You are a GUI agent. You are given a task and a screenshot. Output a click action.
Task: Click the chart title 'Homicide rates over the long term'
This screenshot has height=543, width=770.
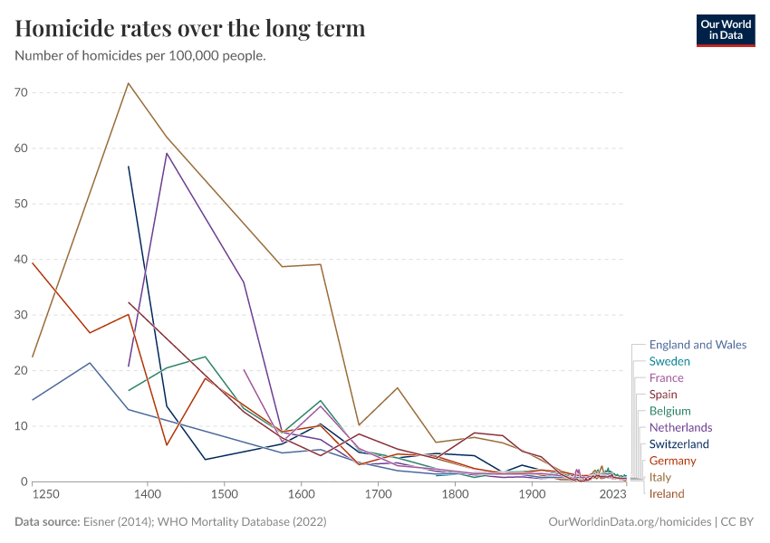[190, 29]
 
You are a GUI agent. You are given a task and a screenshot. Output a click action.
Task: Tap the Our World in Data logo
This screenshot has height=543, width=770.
[725, 29]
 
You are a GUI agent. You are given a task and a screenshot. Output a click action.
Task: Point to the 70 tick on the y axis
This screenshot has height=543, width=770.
[22, 93]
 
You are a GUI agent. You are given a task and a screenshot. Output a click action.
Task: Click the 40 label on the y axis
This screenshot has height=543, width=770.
[22, 260]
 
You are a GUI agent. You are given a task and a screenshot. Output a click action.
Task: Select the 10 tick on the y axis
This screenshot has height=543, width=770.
[22, 426]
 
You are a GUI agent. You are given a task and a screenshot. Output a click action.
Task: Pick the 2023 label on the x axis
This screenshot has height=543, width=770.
[613, 495]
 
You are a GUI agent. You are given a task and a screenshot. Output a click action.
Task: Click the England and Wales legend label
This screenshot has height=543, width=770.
[698, 345]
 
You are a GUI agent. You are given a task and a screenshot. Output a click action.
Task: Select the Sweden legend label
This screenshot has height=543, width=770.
[669, 361]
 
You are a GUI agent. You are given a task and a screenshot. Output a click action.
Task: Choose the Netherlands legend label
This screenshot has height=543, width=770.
[680, 427]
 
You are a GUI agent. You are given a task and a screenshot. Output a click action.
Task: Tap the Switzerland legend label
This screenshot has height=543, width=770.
[680, 444]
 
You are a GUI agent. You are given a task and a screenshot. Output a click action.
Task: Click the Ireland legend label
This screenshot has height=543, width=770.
[667, 494]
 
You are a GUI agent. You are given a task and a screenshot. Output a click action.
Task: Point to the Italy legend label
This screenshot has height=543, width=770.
[660, 477]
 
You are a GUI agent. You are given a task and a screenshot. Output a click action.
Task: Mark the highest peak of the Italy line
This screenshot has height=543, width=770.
[129, 83]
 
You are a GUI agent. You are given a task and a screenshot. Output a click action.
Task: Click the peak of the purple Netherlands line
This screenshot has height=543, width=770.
[167, 153]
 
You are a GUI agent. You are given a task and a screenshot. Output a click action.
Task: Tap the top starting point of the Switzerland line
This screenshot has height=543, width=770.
[129, 167]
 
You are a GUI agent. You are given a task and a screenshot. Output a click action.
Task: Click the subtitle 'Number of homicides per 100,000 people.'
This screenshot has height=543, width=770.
[140, 56]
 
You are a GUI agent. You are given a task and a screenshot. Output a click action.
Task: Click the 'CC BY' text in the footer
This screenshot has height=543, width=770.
[738, 522]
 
